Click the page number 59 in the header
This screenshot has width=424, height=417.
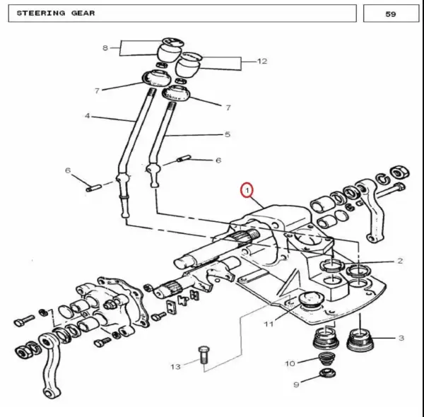(x=391, y=14)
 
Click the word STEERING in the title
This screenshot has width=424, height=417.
(x=41, y=13)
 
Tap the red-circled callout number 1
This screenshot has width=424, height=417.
(x=247, y=190)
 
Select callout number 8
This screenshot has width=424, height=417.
(x=105, y=48)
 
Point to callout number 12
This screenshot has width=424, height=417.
(x=261, y=61)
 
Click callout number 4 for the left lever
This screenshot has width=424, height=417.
(x=87, y=116)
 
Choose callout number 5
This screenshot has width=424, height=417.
(x=228, y=134)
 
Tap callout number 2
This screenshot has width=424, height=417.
(x=400, y=261)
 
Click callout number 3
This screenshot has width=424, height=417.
(x=401, y=338)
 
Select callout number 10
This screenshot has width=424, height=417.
(x=290, y=363)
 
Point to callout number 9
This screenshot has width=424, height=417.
(x=296, y=384)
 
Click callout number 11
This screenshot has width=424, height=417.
(x=269, y=324)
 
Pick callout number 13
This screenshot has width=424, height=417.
(x=175, y=367)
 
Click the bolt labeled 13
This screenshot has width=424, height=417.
(x=204, y=355)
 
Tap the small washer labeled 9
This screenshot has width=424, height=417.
(x=328, y=373)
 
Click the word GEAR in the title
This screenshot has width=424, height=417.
(x=83, y=13)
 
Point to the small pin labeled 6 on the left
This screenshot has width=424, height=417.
(x=93, y=188)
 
